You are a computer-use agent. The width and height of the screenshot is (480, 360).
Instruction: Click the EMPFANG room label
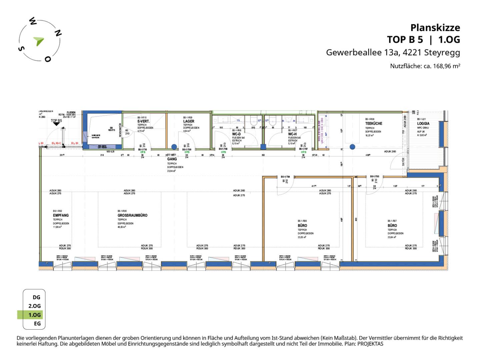(61, 215)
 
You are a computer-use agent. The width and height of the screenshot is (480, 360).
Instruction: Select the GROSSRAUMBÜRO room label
(132, 215)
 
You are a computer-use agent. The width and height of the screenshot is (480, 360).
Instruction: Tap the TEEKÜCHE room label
(374, 123)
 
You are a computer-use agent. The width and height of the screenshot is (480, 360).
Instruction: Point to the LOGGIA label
(423, 123)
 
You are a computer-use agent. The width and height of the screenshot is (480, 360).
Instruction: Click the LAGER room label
(189, 121)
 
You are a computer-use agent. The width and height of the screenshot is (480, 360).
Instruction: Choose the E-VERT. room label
(143, 121)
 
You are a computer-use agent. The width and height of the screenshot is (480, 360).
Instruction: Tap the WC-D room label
(236, 134)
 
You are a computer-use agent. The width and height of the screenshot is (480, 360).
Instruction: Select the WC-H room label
(292, 134)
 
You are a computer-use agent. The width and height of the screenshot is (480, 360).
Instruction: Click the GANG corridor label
(172, 159)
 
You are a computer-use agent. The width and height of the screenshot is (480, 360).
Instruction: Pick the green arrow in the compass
(39, 41)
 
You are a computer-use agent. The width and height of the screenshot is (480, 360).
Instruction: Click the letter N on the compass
(58, 33)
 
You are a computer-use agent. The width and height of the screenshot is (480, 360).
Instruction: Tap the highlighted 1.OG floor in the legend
(34, 315)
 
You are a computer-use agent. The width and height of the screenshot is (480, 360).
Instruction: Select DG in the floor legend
(36, 297)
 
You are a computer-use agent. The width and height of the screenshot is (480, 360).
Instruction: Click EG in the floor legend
(37, 323)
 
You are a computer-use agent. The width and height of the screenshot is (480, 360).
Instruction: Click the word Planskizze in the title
(435, 27)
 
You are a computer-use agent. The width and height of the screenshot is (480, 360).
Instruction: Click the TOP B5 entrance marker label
(56, 121)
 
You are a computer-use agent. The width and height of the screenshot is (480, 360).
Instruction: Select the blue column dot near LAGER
(174, 147)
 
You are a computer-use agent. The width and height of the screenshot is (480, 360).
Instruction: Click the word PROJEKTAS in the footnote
(370, 344)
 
